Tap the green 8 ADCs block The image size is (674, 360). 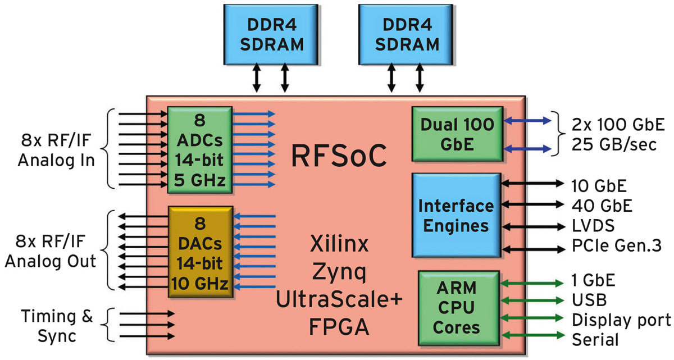199,149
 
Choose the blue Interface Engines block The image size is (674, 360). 456,216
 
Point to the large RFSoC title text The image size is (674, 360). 339,156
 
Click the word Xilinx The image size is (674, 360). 339,245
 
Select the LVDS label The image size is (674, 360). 593,226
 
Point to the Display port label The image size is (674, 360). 621,320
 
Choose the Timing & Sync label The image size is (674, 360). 57,326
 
